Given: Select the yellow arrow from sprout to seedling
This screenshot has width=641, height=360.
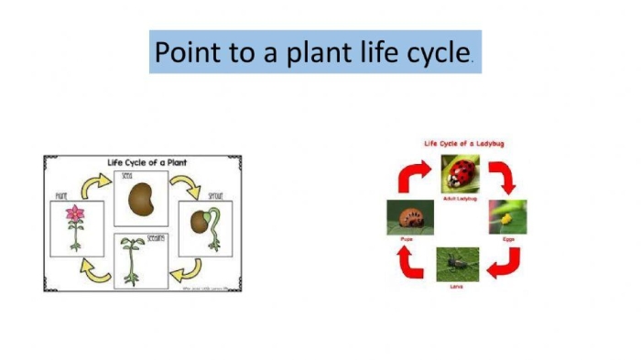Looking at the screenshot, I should (x=188, y=268).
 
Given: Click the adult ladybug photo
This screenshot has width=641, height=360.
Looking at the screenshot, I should (x=460, y=173).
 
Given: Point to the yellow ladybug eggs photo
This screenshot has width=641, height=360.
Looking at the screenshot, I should (x=507, y=217).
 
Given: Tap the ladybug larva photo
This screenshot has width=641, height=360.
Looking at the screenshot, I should (x=455, y=265).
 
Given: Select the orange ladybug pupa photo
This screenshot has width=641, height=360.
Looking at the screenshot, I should (x=404, y=217).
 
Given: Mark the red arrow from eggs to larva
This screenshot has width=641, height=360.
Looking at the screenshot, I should (x=505, y=263).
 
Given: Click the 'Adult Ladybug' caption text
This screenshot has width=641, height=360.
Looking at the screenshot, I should (x=460, y=198).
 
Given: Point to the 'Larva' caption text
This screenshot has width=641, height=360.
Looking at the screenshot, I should (x=455, y=287).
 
